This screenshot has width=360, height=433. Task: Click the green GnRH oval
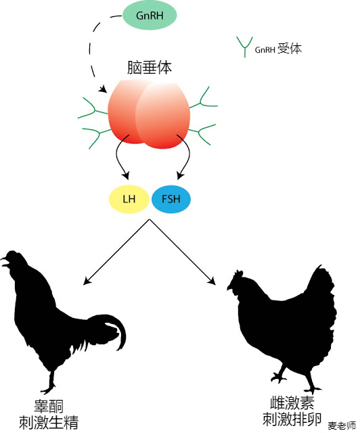pos(149,15)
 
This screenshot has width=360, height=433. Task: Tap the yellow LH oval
pos(129,199)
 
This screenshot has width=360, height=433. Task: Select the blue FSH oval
pos(171,199)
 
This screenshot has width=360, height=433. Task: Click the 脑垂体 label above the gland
pos(149,68)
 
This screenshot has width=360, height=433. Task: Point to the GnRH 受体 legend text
pos(278,49)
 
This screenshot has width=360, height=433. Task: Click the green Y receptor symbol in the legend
pos(244,47)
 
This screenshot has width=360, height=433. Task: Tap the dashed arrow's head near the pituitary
pos(104,89)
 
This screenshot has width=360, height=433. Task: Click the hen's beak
pos(230,288)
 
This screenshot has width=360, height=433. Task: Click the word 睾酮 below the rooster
pos(49,407)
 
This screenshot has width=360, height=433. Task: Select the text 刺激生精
pos(49,422)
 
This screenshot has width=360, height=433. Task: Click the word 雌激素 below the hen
pos(292,403)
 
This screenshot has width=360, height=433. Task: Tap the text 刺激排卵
pos(292,419)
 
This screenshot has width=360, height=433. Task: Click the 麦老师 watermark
pos(342,426)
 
